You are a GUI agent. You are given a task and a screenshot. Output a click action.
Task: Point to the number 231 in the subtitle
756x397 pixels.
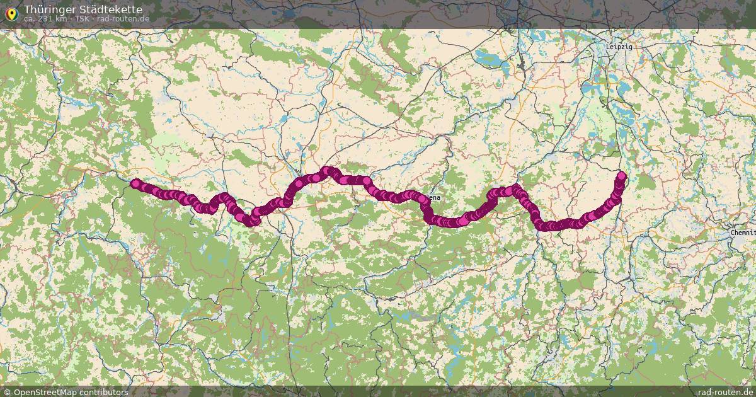click(47, 19)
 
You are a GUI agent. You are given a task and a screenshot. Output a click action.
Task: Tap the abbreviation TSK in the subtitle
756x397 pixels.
click(82, 19)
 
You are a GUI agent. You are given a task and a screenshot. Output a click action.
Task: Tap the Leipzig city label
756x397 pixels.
click(619, 47)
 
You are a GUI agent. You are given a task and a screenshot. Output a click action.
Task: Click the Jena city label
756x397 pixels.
click(434, 197)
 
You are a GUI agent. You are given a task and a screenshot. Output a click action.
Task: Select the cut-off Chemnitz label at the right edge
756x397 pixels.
click(743, 233)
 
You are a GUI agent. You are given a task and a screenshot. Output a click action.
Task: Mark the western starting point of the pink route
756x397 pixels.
click(135, 183)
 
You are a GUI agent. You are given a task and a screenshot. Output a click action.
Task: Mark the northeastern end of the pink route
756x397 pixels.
click(622, 175)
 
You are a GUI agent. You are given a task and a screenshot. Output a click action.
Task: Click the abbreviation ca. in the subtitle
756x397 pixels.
click(29, 19)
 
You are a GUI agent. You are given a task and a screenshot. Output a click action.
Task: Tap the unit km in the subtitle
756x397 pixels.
click(62, 19)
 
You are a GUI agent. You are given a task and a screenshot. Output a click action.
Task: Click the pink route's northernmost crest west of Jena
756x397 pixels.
click(327, 170)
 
